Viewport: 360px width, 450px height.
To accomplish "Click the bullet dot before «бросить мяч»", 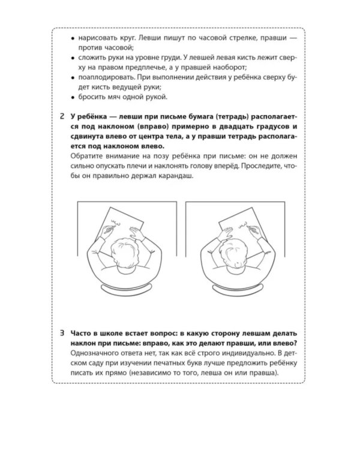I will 73,97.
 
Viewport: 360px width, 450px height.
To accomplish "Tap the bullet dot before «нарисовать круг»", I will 73,38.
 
